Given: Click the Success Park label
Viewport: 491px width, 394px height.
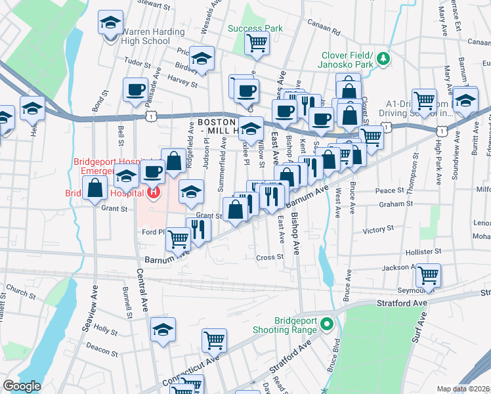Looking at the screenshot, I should [x=255, y=28].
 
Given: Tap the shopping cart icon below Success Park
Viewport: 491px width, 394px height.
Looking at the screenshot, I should [x=257, y=43].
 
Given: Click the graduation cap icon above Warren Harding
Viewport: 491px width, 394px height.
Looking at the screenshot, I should [x=110, y=22].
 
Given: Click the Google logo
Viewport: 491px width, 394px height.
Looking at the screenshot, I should [x=22, y=386].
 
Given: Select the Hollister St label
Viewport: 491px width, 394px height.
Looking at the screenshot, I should [x=423, y=252].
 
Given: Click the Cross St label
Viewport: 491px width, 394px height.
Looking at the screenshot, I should [x=269, y=257].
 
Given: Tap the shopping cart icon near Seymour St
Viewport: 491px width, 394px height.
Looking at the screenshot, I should [x=428, y=275].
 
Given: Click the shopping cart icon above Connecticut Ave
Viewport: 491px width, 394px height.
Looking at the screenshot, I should [x=215, y=339].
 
